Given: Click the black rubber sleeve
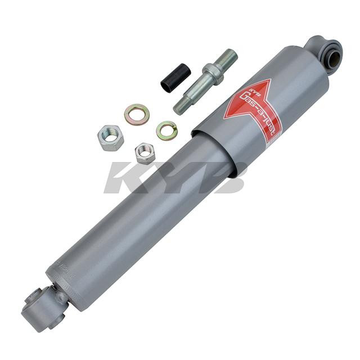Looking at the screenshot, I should (x=175, y=79).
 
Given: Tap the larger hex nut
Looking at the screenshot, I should (x=110, y=137).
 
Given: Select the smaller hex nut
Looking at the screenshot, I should (x=145, y=152).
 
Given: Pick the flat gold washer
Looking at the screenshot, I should (x=137, y=114).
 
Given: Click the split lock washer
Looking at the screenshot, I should (x=167, y=130).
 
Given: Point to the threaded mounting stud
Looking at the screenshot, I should (x=206, y=81).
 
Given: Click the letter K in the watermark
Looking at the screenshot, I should (x=127, y=177).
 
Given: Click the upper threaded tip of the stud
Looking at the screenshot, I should (x=227, y=57).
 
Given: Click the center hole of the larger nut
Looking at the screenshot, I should (x=110, y=137).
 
